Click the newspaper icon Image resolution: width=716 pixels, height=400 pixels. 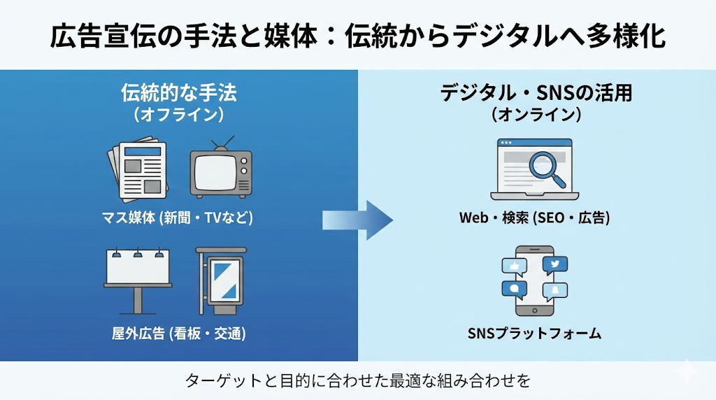pos(137,170)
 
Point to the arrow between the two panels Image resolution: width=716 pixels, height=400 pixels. pos(357,220)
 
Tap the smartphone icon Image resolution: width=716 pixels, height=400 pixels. pos(535,281)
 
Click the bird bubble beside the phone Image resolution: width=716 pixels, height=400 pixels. pos(556,264)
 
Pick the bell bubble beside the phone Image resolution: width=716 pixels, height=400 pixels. pos(556,290)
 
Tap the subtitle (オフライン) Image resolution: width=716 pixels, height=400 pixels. pos(179,115)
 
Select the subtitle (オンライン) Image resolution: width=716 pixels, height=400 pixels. pos(536,115)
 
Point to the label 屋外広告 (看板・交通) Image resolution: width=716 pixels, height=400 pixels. pos(179,334)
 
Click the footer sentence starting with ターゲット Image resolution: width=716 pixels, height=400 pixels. pos(357,381)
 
